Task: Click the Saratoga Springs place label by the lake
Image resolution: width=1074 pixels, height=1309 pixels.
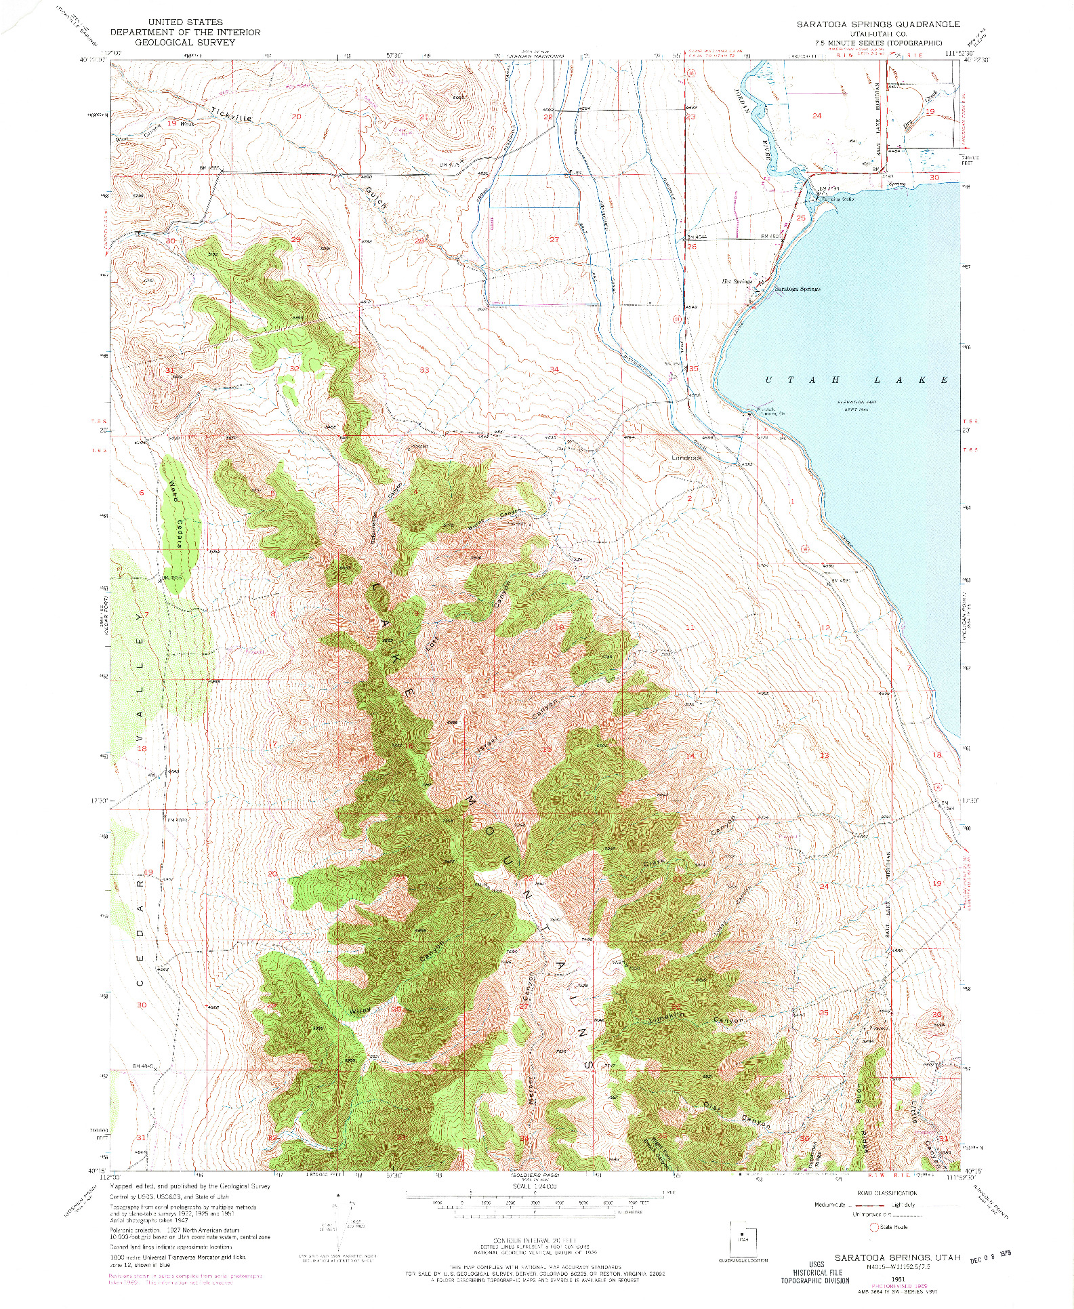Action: (797, 288)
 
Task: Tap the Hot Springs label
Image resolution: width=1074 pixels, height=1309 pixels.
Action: (737, 281)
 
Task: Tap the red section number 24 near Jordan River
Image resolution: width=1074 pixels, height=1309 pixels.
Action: (817, 115)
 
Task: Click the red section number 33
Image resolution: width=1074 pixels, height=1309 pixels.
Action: (425, 370)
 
